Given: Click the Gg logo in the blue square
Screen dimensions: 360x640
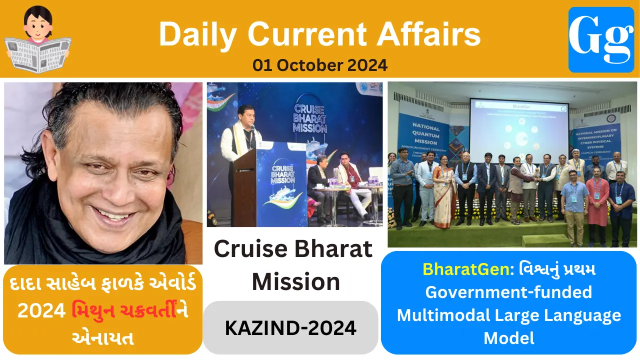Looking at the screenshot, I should (601, 39).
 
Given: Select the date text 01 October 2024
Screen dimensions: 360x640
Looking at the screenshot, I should (320, 65).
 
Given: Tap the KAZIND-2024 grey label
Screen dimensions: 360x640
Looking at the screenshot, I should (290, 327).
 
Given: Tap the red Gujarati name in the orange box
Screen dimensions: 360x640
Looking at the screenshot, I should (130, 311).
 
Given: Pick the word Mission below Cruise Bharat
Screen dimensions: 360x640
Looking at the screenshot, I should (296, 281).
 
